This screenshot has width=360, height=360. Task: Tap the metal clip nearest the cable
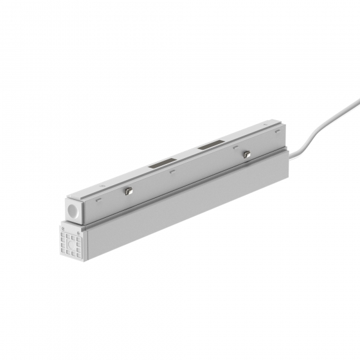pyautogui.click(x=245, y=154)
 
